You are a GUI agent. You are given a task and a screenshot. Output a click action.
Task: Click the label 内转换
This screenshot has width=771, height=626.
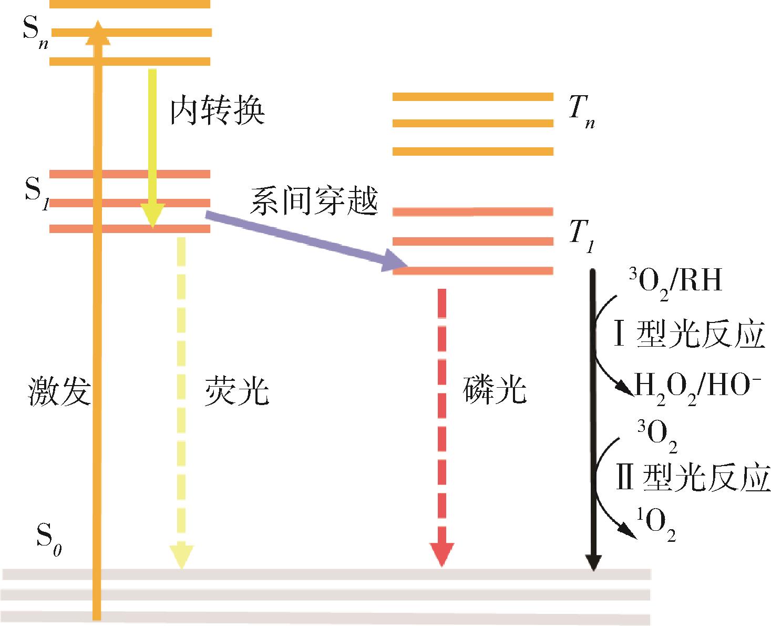(x=217, y=111)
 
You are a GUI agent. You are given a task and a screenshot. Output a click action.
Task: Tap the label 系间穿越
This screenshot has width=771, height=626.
(x=314, y=201)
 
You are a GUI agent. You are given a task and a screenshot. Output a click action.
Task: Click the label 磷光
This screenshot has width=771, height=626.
(x=495, y=390)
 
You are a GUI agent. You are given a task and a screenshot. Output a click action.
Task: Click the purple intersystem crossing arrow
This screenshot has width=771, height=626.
(x=305, y=240)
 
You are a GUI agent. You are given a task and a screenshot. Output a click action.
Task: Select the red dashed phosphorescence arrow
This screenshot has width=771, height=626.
(x=441, y=426)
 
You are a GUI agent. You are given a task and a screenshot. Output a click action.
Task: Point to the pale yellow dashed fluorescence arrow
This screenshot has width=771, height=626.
(x=181, y=400)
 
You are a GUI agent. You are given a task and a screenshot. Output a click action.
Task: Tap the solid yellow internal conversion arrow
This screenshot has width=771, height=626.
(x=152, y=147)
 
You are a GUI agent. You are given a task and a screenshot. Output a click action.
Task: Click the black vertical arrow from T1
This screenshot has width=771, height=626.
(x=592, y=421)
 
